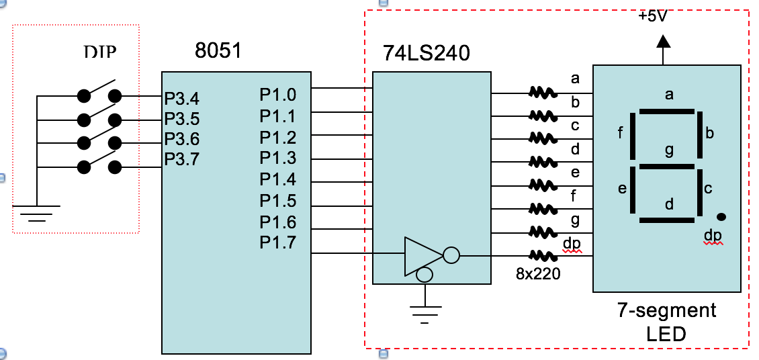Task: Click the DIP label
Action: pyautogui.click(x=101, y=52)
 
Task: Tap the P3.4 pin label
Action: pyautogui.click(x=182, y=99)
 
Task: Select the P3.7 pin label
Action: pyautogui.click(x=182, y=160)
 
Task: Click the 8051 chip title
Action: pyautogui.click(x=218, y=51)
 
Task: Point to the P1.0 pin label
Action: pyautogui.click(x=277, y=95)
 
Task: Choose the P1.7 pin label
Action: pyautogui.click(x=277, y=242)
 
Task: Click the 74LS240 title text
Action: pyautogui.click(x=427, y=53)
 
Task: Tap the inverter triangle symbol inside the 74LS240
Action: pyautogui.click(x=422, y=255)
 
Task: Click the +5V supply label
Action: pyautogui.click(x=653, y=15)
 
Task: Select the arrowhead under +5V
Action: pyautogui.click(x=664, y=40)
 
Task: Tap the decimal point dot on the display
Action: pyautogui.click(x=721, y=216)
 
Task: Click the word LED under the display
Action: pyautogui.click(x=666, y=334)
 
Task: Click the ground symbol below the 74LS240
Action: pyautogui.click(x=425, y=312)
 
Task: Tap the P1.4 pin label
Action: pyautogui.click(x=277, y=180)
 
